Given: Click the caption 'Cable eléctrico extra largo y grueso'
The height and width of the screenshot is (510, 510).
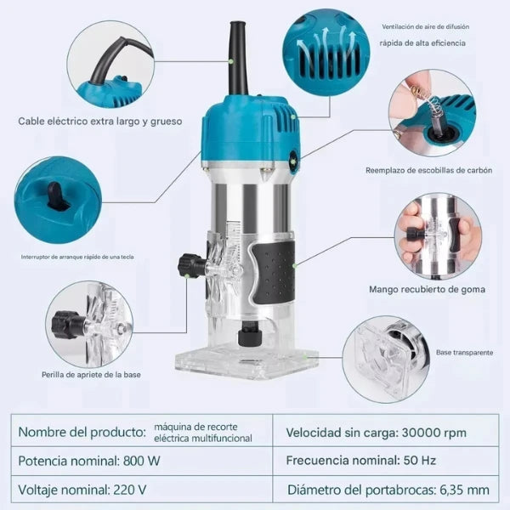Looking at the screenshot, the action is click(99, 122).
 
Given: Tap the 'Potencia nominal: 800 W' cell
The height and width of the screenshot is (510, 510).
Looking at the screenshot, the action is click(142, 461).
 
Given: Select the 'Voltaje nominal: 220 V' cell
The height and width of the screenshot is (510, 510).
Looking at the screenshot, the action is click(142, 490).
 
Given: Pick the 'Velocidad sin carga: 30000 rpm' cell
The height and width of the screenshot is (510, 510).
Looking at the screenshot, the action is click(385, 433).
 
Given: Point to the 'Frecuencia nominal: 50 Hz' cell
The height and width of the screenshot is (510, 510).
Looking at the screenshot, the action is click(385, 461).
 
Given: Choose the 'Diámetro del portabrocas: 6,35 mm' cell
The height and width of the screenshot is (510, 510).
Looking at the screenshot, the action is click(385, 490).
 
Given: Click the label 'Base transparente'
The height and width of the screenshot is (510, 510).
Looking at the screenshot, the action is click(464, 352).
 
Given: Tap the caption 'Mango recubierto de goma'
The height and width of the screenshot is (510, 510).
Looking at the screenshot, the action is click(427, 289).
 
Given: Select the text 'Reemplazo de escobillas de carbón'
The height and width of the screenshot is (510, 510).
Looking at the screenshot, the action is click(428, 170).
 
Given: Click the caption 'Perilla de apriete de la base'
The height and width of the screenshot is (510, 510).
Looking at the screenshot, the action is click(91, 375).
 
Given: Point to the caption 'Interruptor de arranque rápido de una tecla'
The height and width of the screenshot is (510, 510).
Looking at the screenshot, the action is click(77, 257).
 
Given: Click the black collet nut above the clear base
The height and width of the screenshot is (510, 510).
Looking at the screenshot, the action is click(250, 334).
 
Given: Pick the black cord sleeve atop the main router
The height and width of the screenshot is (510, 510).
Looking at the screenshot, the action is click(239, 59).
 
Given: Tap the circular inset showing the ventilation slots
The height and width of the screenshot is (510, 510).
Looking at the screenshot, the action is click(326, 53).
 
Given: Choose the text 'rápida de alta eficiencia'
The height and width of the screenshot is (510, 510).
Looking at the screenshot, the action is click(422, 43).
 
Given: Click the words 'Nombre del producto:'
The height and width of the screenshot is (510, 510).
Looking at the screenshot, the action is click(82, 432).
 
